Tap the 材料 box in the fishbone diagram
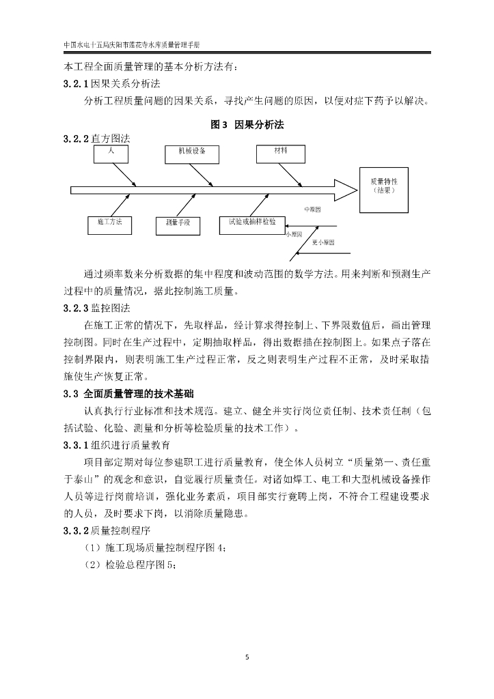280,154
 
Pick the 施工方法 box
110,225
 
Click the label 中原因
312,210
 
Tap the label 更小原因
323,242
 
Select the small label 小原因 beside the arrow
294,233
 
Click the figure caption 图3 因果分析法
247,125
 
